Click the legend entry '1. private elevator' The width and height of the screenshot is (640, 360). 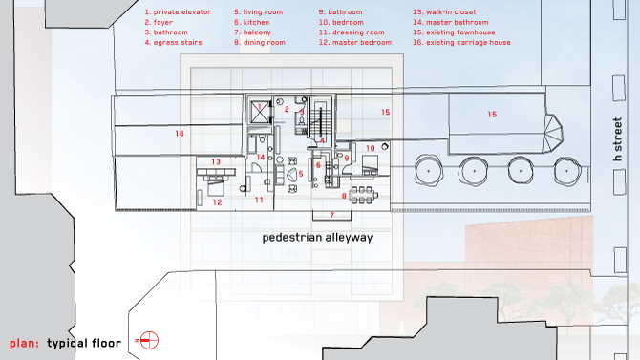(178, 12)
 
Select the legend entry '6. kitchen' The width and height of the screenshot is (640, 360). (252, 23)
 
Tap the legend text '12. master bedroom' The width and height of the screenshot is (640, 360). (355, 42)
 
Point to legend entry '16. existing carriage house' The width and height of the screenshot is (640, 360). (461, 42)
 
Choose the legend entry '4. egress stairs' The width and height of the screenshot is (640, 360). (173, 42)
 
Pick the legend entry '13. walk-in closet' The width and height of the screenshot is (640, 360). (444, 12)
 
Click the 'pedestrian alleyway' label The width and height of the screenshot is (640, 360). (317, 237)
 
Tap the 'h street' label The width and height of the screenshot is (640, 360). (617, 139)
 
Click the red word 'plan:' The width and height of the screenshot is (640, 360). (24, 343)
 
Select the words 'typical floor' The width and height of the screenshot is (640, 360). (84, 343)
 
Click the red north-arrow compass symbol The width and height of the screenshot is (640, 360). (148, 340)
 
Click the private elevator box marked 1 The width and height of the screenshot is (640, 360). (259, 112)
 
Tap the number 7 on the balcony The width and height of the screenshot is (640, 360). (331, 215)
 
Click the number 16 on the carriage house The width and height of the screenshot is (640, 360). (180, 134)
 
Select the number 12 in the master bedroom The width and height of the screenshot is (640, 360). (217, 202)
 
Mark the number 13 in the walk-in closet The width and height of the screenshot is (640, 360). (216, 161)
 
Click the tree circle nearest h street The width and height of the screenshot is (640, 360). (567, 171)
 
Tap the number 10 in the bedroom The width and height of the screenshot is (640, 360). (371, 149)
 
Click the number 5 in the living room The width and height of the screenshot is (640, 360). (301, 174)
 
